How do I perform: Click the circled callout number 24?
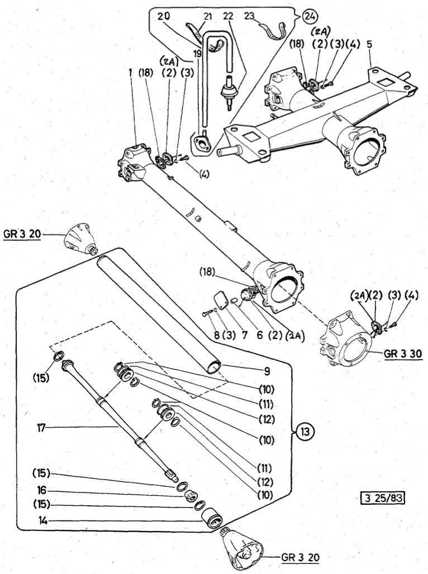tap(308, 16)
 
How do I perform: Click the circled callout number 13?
tap(306, 431)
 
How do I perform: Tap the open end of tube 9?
tap(213, 367)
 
